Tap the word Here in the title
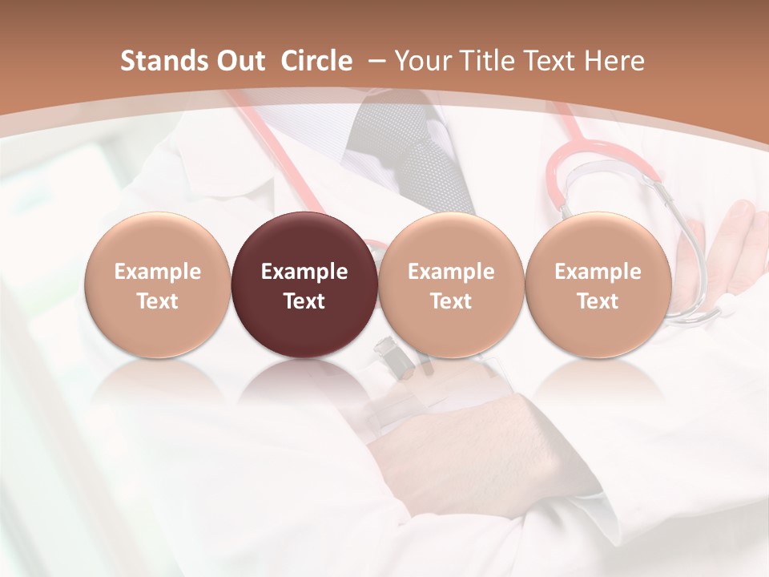click(614, 61)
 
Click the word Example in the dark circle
click(304, 272)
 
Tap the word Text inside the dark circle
click(304, 301)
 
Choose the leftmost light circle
click(157, 284)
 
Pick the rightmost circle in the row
click(598, 284)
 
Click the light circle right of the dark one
click(451, 284)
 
